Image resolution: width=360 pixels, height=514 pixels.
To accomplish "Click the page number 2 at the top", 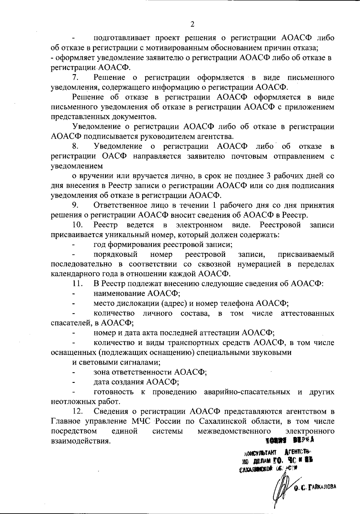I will click(192, 24).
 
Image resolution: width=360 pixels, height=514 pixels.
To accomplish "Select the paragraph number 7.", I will click(75, 77).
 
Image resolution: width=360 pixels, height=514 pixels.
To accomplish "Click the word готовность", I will click(113, 392).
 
